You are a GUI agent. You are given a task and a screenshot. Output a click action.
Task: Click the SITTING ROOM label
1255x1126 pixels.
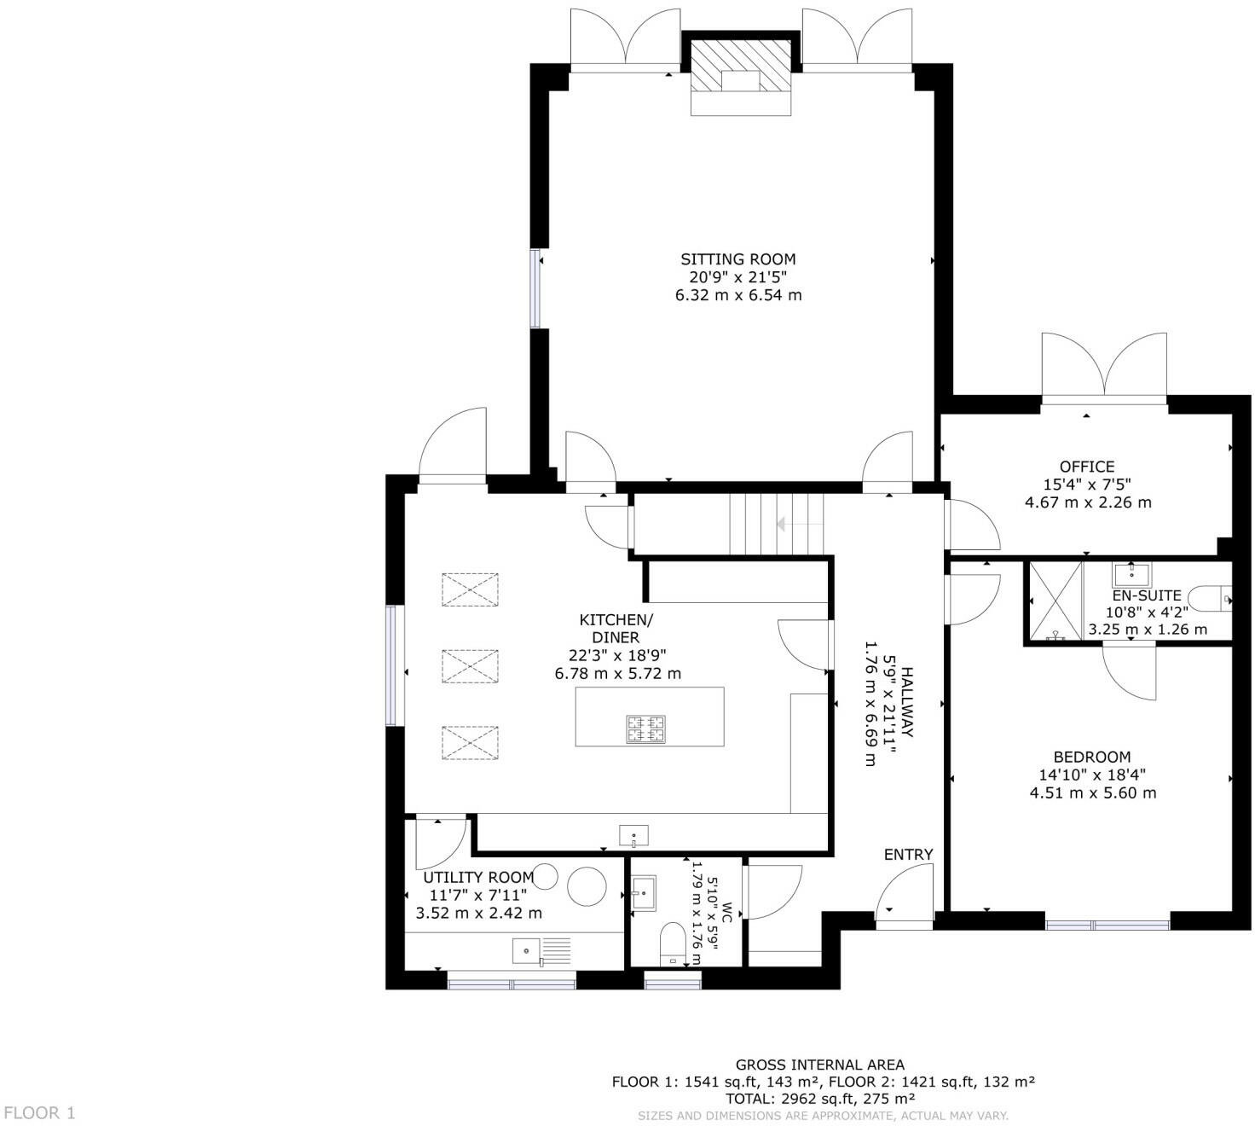[x=737, y=259]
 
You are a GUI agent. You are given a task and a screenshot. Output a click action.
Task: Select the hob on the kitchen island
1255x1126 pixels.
[x=646, y=729]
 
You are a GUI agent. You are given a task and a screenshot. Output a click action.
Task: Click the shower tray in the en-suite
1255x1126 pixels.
[x=1055, y=601]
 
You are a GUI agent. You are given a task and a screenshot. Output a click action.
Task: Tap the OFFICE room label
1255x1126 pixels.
[x=1086, y=467]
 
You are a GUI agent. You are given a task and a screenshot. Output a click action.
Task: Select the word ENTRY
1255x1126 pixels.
[x=908, y=855]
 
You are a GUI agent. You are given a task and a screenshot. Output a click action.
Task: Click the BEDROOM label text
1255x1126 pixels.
[x=1091, y=757]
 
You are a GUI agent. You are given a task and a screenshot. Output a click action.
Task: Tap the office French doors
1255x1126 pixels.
[x=1103, y=369]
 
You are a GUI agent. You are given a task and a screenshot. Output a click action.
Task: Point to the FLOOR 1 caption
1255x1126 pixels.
[x=39, y=1112]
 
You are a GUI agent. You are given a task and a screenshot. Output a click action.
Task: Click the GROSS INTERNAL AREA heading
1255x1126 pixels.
[x=819, y=1065]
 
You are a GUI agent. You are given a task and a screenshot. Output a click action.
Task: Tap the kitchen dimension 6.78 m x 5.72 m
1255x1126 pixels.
[x=617, y=673]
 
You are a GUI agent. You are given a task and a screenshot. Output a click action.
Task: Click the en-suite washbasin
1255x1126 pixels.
[x=1131, y=573]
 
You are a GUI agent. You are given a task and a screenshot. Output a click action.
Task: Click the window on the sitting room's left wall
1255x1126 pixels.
[x=536, y=288]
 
